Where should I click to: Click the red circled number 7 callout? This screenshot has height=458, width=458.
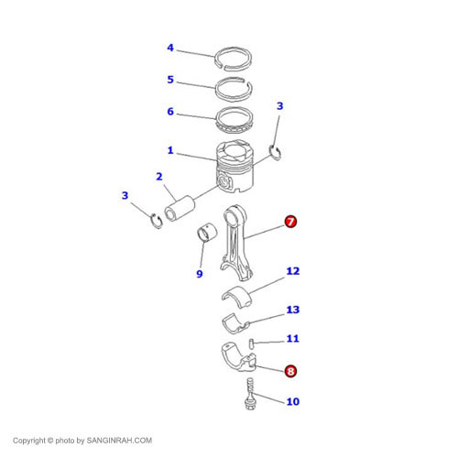click(290, 222)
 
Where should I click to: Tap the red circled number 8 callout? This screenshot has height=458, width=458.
click(290, 371)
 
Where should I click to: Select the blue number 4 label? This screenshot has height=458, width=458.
click(170, 48)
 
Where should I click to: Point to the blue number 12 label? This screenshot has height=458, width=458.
click(293, 271)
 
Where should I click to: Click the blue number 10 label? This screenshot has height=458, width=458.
click(293, 401)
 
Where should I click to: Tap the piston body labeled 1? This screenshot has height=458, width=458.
click(234, 167)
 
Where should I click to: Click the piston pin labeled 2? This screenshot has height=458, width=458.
click(180, 208)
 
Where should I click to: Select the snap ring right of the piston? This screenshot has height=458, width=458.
click(276, 153)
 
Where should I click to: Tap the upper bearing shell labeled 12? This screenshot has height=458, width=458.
click(236, 295)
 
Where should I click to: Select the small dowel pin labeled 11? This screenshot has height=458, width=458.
click(251, 343)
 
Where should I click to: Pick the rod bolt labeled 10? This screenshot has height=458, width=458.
click(250, 394)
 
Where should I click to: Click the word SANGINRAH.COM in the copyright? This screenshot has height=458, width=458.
click(119, 441)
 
